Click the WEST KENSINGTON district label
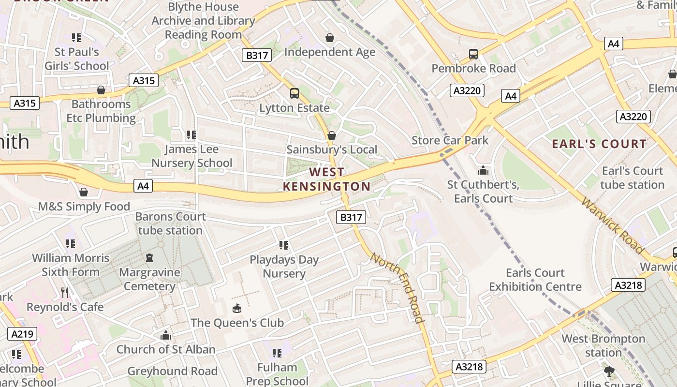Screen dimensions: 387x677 pos(327,179)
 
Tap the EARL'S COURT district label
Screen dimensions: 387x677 pos(599,144)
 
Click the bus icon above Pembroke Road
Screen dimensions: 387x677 pos(473,54)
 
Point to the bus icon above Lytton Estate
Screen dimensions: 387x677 pos(294,93)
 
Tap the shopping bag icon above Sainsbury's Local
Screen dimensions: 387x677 pos(332,135)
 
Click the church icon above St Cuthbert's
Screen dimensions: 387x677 pos(483,170)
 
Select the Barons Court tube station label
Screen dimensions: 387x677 pos(170,223)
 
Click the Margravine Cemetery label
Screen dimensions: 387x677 pos(149,279)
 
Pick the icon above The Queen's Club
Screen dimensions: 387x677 pos(237,308)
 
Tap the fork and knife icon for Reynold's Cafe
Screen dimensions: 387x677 pos(65,292)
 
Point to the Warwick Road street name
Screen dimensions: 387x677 pos(613,225)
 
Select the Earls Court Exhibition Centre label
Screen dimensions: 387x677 pos(535,280)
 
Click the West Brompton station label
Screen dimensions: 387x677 pos(603,345)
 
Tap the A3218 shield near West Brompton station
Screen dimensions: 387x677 pos(628,285)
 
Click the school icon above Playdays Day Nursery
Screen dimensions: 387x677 pos(284,245)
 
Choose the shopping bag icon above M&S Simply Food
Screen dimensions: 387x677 pos(84,193)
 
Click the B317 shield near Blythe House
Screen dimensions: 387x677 pos(257,55)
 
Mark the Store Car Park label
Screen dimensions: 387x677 pos(450,140)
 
